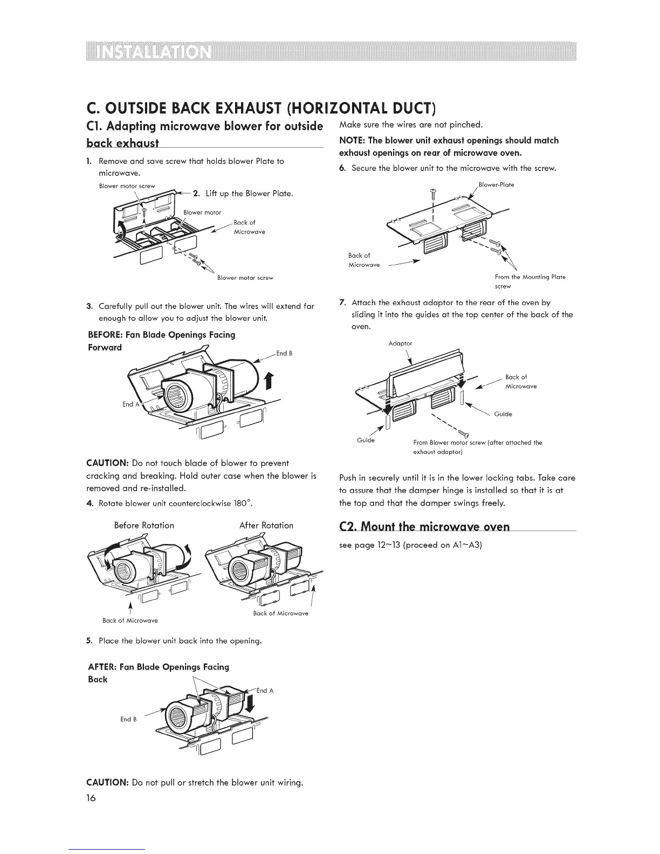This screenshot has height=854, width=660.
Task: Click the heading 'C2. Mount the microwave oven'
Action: click(x=424, y=526)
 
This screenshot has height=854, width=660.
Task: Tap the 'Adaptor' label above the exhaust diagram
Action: click(x=400, y=343)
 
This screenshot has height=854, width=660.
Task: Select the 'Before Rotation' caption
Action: click(x=144, y=525)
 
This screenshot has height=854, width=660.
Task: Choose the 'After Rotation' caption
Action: click(x=266, y=525)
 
